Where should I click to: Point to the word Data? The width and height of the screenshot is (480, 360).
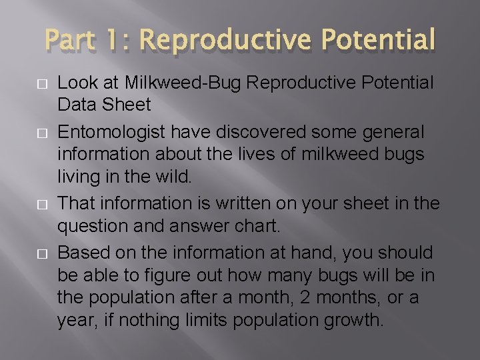75,105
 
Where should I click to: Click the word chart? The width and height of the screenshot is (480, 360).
258,225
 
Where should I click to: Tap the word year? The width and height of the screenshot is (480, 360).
79,320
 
